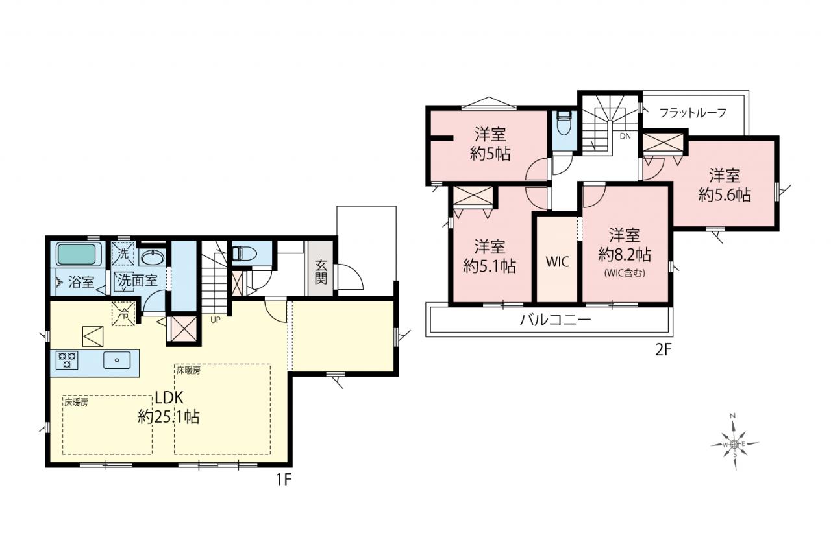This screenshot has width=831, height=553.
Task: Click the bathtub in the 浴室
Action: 77,254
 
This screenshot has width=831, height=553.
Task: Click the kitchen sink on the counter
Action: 117,360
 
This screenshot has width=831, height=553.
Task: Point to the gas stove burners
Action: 67,360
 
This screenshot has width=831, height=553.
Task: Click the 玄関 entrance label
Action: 321,272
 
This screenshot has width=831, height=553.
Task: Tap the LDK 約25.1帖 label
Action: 169,407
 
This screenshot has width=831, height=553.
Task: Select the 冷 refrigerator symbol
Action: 123,314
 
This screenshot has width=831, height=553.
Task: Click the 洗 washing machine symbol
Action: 123,253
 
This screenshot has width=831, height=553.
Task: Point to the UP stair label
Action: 215,320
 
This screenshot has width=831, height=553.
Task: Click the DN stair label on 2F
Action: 625,136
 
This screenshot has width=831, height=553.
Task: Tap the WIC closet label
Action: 557,262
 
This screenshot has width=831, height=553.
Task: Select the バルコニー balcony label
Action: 555,319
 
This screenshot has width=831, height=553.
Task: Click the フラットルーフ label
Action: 692,113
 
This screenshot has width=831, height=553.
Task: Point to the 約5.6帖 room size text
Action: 725,195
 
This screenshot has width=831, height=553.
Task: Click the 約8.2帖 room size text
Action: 625,255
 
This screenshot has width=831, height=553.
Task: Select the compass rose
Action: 734,443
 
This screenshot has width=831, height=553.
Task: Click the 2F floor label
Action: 664,350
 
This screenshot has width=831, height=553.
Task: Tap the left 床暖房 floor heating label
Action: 76,403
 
